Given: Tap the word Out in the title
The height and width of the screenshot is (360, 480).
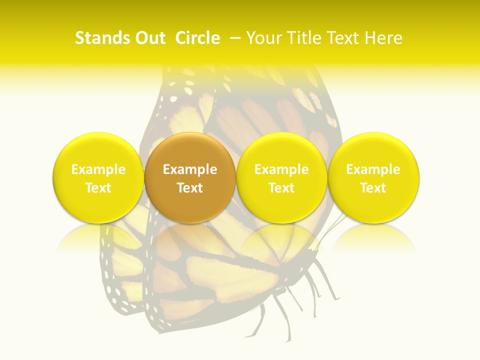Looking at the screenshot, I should pos(149,38).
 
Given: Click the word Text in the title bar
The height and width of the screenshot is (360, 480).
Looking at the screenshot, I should pos(343,38).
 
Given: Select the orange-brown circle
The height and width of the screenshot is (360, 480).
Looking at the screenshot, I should pos(190,177).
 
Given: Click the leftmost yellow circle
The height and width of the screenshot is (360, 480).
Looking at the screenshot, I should pos(98,177).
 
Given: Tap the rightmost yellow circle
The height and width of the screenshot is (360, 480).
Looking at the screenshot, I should pos(373,177).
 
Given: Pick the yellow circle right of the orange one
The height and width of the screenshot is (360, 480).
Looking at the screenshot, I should pos(281,177).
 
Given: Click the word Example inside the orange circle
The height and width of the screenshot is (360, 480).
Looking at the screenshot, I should pos(190,169).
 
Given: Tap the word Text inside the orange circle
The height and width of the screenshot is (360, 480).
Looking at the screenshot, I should pos(190,188).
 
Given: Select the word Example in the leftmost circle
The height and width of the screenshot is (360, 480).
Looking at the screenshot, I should pos(98,169).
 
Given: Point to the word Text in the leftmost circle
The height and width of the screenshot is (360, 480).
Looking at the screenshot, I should pos(98,188).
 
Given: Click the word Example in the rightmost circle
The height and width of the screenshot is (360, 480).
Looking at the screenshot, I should pos(373,169).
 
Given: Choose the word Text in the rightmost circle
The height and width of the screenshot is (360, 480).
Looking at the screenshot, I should pos(373,188).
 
